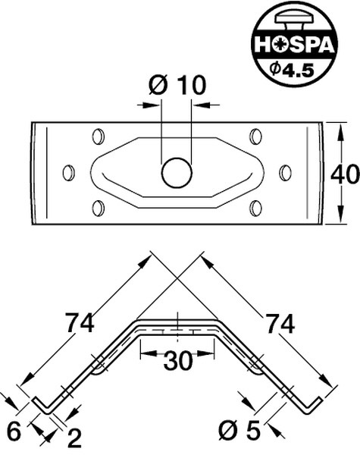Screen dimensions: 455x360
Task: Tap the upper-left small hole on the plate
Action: click(x=97, y=137)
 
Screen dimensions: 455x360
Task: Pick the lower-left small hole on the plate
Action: click(x=97, y=208)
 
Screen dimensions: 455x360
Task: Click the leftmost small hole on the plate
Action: click(x=68, y=173)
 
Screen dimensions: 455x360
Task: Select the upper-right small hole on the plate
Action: click(x=255, y=137)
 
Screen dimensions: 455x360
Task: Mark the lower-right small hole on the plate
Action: click(x=255, y=208)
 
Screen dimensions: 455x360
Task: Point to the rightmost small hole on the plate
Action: click(x=285, y=173)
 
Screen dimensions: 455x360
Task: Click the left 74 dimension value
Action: click(x=79, y=323)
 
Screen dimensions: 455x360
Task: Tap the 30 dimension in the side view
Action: click(x=177, y=362)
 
